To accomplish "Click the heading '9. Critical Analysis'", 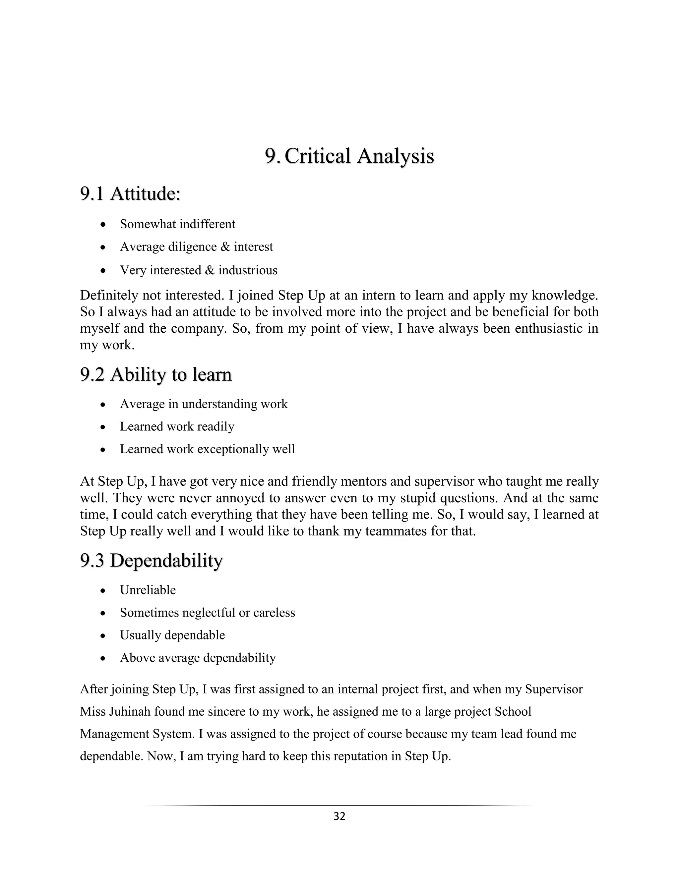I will click(x=349, y=156).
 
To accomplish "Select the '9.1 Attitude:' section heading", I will click(x=130, y=194).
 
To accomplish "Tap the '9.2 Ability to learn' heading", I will click(x=156, y=375).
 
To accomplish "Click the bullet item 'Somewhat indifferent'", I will click(x=177, y=224).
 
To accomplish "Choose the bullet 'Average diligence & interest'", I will click(x=196, y=247).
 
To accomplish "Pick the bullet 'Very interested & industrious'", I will click(x=198, y=270).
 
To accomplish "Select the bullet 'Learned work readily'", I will click(x=177, y=426).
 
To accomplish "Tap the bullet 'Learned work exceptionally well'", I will click(x=207, y=449).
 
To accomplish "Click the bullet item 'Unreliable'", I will click(x=148, y=590).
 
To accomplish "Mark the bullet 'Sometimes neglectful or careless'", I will click(x=207, y=613).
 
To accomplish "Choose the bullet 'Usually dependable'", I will click(x=172, y=635).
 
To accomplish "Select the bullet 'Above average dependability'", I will click(x=198, y=658).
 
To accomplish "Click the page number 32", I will click(x=339, y=816).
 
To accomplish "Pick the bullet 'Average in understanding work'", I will click(x=204, y=404).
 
